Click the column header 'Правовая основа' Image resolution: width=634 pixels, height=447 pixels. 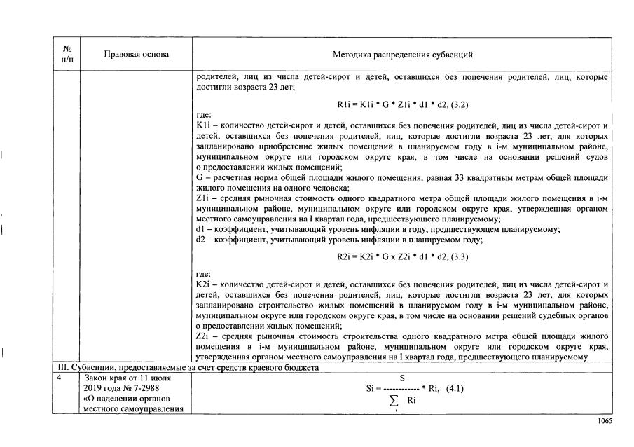coord(137,54)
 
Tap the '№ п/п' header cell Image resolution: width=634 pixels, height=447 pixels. coord(67,54)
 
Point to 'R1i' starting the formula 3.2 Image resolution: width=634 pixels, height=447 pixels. coord(344,104)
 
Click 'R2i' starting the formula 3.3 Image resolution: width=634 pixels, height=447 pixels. coord(345,256)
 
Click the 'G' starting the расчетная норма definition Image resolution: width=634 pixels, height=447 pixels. coord(200,178)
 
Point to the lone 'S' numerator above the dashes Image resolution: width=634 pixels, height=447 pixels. coord(402,378)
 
